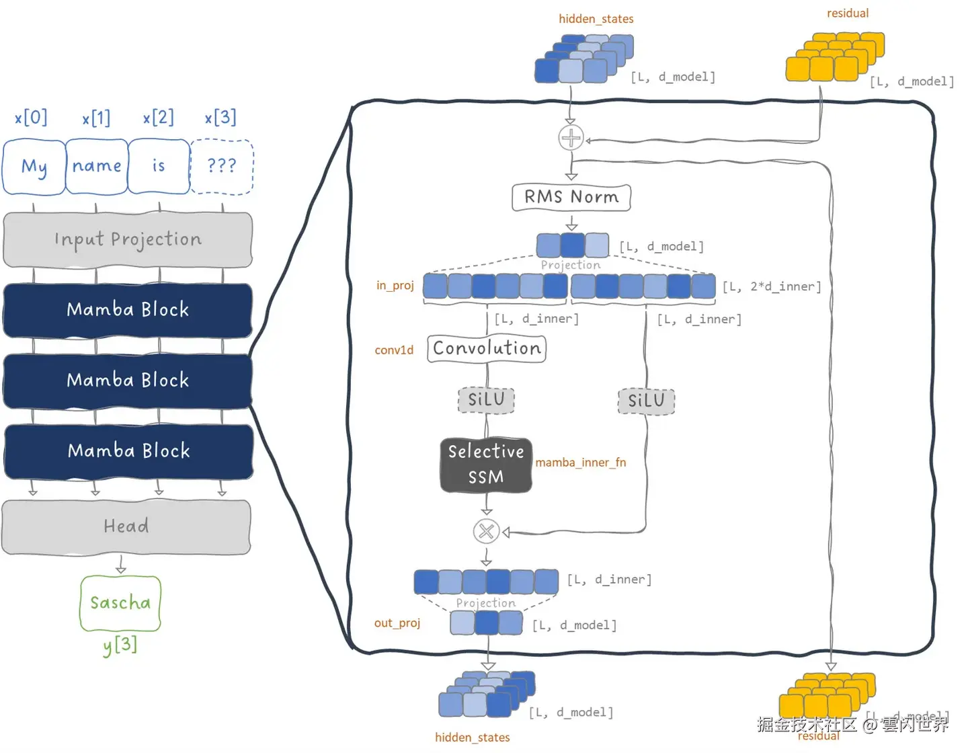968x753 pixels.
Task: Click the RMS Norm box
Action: point(571,197)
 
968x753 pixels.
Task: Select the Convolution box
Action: point(487,348)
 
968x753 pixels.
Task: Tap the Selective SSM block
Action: point(486,465)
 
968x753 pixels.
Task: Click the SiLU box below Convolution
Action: point(486,399)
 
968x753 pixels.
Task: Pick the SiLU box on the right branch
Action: point(646,401)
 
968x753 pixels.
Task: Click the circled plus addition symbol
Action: point(571,138)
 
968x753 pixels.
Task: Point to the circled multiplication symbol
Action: point(486,531)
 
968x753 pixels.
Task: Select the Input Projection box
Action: point(128,239)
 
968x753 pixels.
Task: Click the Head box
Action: point(126,526)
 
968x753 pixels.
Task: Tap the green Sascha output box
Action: point(120,603)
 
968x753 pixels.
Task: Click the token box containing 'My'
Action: point(34,166)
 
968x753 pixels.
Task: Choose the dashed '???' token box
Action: point(222,166)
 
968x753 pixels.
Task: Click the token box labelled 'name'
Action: point(97,166)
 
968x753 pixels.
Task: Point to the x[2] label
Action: point(158,118)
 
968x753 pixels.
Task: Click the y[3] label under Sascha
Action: point(120,645)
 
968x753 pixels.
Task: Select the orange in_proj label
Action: point(395,286)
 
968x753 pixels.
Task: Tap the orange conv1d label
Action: point(394,350)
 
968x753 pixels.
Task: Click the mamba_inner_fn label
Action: point(580,463)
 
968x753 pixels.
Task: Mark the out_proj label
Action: point(397,623)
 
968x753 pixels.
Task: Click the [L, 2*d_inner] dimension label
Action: point(772,286)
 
